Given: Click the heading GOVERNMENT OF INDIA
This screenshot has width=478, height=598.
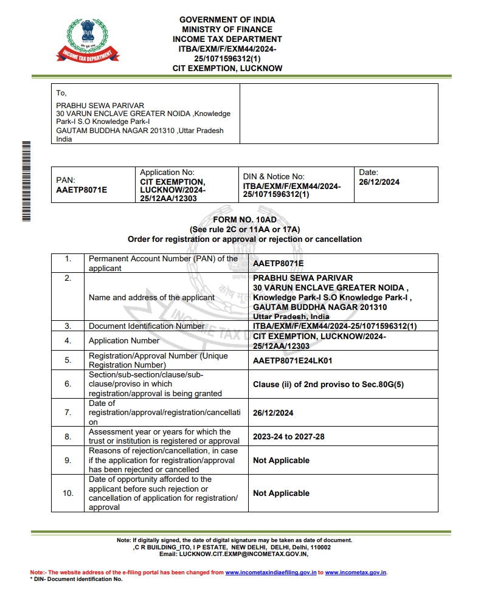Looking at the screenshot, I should point(227,19).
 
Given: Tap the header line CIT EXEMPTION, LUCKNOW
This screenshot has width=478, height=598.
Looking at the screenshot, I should point(227,69).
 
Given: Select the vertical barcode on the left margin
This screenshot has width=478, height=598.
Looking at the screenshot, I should point(26,180).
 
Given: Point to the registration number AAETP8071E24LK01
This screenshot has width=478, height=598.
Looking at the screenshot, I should point(292,360).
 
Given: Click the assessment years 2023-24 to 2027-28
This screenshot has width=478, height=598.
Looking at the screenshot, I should point(289,436).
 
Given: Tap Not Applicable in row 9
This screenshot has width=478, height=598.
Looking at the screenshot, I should point(281,460).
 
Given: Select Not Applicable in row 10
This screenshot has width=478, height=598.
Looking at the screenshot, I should point(281,493).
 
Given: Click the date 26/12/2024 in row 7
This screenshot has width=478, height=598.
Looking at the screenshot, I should point(273,413).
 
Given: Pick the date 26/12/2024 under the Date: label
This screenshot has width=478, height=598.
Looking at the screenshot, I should point(379,182).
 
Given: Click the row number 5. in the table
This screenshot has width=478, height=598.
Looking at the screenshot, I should point(68,360).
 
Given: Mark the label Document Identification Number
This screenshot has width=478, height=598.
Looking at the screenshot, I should point(147,326).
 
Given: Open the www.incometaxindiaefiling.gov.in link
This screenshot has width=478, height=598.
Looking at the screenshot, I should point(271,572).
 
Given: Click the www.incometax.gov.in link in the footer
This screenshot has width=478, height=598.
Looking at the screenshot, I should point(356,572).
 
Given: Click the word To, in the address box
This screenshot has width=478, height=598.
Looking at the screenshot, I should point(61,93).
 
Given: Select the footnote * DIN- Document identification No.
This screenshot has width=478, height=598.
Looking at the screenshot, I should point(76,579).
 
